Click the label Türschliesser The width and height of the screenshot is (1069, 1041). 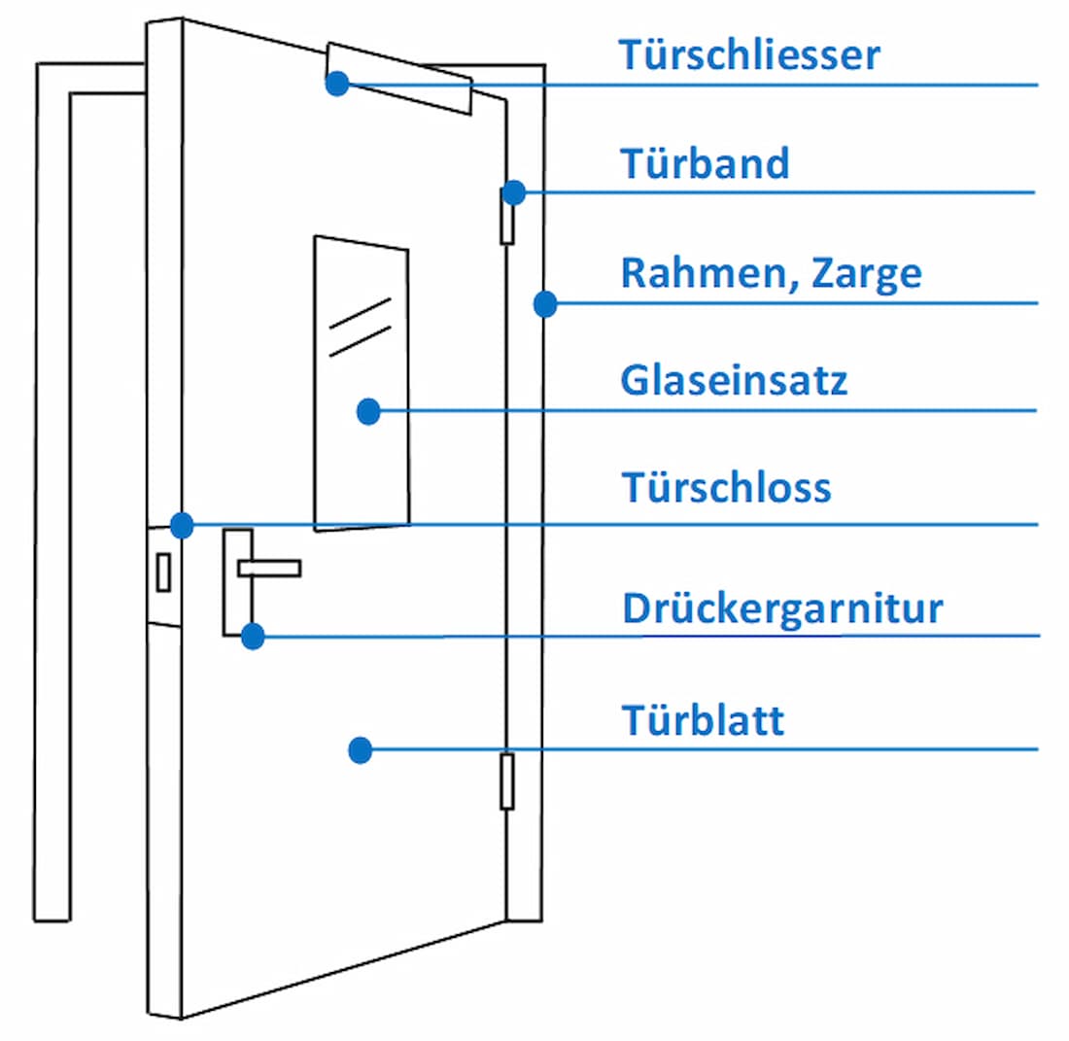[749, 55]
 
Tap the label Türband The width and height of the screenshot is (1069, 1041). [705, 163]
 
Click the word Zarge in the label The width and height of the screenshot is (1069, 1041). [868, 273]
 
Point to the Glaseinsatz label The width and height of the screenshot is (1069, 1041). [734, 380]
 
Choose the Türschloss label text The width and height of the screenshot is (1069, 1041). [726, 487]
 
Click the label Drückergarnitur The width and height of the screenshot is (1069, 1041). [782, 609]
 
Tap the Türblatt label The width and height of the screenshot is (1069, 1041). [703, 721]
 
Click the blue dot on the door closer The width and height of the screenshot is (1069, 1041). [336, 84]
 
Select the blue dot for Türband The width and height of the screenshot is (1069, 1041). [514, 192]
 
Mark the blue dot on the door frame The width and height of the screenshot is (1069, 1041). [545, 303]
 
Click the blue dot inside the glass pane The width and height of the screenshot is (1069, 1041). [367, 411]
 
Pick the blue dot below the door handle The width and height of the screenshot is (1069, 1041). [253, 637]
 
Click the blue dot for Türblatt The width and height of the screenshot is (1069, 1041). [361, 749]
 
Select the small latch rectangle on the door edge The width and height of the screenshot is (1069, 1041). [163, 573]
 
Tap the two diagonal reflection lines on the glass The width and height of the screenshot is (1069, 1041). [360, 326]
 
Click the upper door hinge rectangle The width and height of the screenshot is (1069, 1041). [506, 216]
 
